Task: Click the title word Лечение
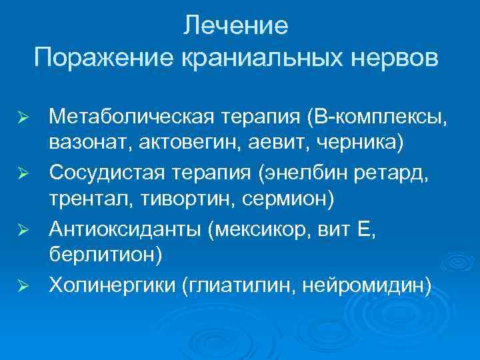[x=237, y=26]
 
